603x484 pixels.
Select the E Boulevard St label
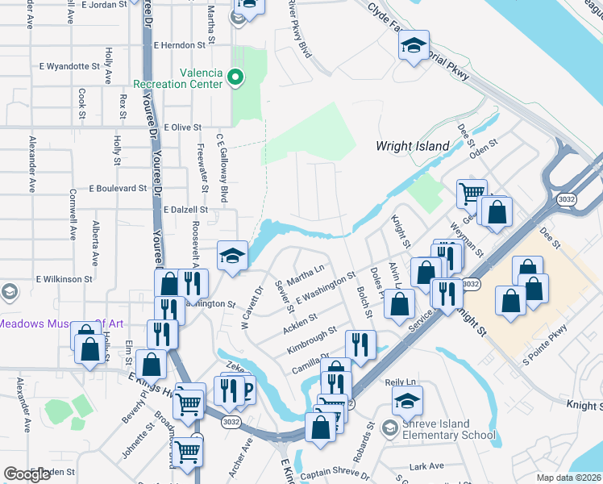pyautogui.click(x=119, y=188)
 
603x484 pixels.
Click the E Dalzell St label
pyautogui.click(x=185, y=209)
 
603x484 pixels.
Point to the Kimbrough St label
pyautogui.click(x=311, y=342)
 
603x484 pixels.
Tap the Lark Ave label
pyautogui.click(x=426, y=466)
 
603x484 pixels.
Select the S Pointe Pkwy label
pyautogui.click(x=545, y=345)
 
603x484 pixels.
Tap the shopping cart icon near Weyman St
pyautogui.click(x=472, y=193)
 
